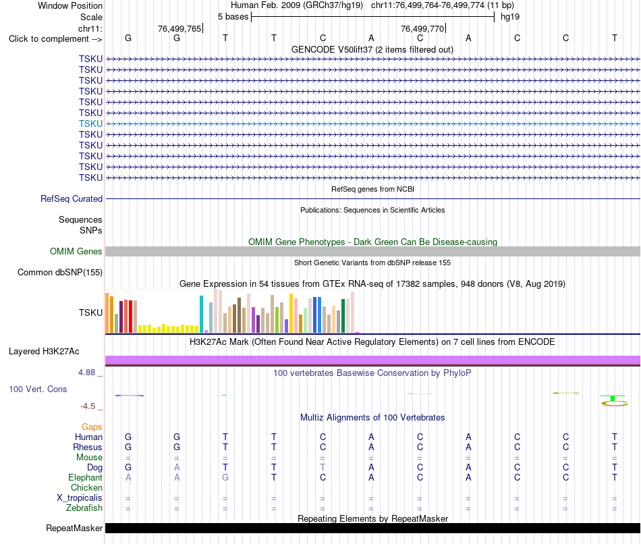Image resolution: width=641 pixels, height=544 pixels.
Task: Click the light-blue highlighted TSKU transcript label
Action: point(90,124)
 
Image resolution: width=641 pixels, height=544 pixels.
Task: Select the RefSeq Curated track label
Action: point(72,199)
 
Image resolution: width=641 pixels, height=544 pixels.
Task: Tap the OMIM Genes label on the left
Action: point(76,252)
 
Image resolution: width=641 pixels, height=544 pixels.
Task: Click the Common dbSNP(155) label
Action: point(60,273)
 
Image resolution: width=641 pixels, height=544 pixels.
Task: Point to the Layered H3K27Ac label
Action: point(44,352)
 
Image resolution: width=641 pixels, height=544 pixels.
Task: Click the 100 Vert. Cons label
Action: point(38,389)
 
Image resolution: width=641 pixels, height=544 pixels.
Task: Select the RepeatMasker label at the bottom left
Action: point(74,528)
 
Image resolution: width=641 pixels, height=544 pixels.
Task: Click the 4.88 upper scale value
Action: point(86,372)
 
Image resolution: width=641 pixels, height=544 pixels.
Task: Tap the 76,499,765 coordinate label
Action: point(179,28)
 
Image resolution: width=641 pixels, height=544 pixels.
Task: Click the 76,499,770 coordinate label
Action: point(422,28)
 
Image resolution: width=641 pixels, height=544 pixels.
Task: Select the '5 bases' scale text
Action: point(233,17)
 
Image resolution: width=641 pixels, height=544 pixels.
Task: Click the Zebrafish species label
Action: point(84,508)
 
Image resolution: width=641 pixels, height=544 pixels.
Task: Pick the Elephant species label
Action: point(86,477)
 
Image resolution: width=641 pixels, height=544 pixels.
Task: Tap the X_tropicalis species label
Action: point(80,498)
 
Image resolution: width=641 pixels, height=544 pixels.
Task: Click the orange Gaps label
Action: point(92,427)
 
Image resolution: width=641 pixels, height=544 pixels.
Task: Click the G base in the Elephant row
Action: point(225,477)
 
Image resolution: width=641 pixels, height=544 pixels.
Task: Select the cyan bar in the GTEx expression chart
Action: point(201,314)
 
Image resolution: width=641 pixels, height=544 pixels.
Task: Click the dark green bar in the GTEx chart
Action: point(343,316)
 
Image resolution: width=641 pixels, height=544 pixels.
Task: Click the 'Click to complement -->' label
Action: point(55,39)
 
